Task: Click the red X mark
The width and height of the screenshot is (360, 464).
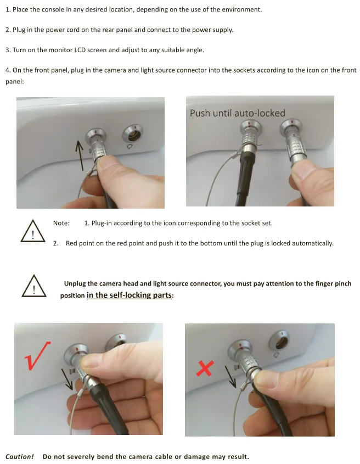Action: click(205, 368)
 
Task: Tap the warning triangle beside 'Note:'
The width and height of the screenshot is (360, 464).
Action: click(33, 231)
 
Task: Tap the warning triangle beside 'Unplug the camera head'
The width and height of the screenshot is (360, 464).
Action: click(34, 286)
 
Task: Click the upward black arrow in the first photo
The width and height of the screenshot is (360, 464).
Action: click(80, 155)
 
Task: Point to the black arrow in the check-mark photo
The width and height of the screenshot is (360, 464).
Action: click(67, 379)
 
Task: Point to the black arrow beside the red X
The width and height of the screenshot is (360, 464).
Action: click(230, 377)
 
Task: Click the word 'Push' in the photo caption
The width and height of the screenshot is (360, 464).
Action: click(199, 113)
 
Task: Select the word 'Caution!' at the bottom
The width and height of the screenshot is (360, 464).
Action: click(20, 457)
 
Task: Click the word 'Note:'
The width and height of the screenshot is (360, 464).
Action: click(61, 223)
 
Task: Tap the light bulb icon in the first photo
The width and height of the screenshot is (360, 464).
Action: click(130, 146)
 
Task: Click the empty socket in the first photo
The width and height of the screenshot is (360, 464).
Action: click(133, 133)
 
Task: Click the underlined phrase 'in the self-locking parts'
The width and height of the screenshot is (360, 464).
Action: click(129, 295)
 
